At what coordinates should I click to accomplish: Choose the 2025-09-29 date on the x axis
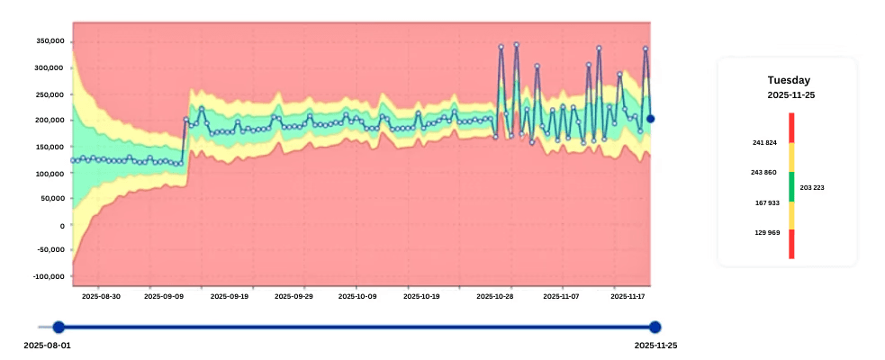pos(293,295)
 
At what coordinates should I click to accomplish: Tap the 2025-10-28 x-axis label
pos(494,295)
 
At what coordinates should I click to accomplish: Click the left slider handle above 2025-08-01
pos(59,328)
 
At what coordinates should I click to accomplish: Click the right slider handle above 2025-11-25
pos(655,328)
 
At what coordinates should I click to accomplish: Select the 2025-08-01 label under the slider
pos(46,346)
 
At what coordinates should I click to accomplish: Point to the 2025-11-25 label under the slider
pos(655,346)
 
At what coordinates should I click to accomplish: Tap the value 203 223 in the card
pos(812,187)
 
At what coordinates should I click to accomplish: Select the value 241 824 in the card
pos(765,142)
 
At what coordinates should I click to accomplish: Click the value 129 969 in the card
pos(765,232)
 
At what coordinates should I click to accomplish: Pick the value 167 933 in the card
pos(765,202)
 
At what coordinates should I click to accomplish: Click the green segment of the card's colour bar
pos(791,186)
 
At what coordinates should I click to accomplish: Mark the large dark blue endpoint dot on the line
pos(650,119)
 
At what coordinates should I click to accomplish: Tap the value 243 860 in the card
pos(765,172)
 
